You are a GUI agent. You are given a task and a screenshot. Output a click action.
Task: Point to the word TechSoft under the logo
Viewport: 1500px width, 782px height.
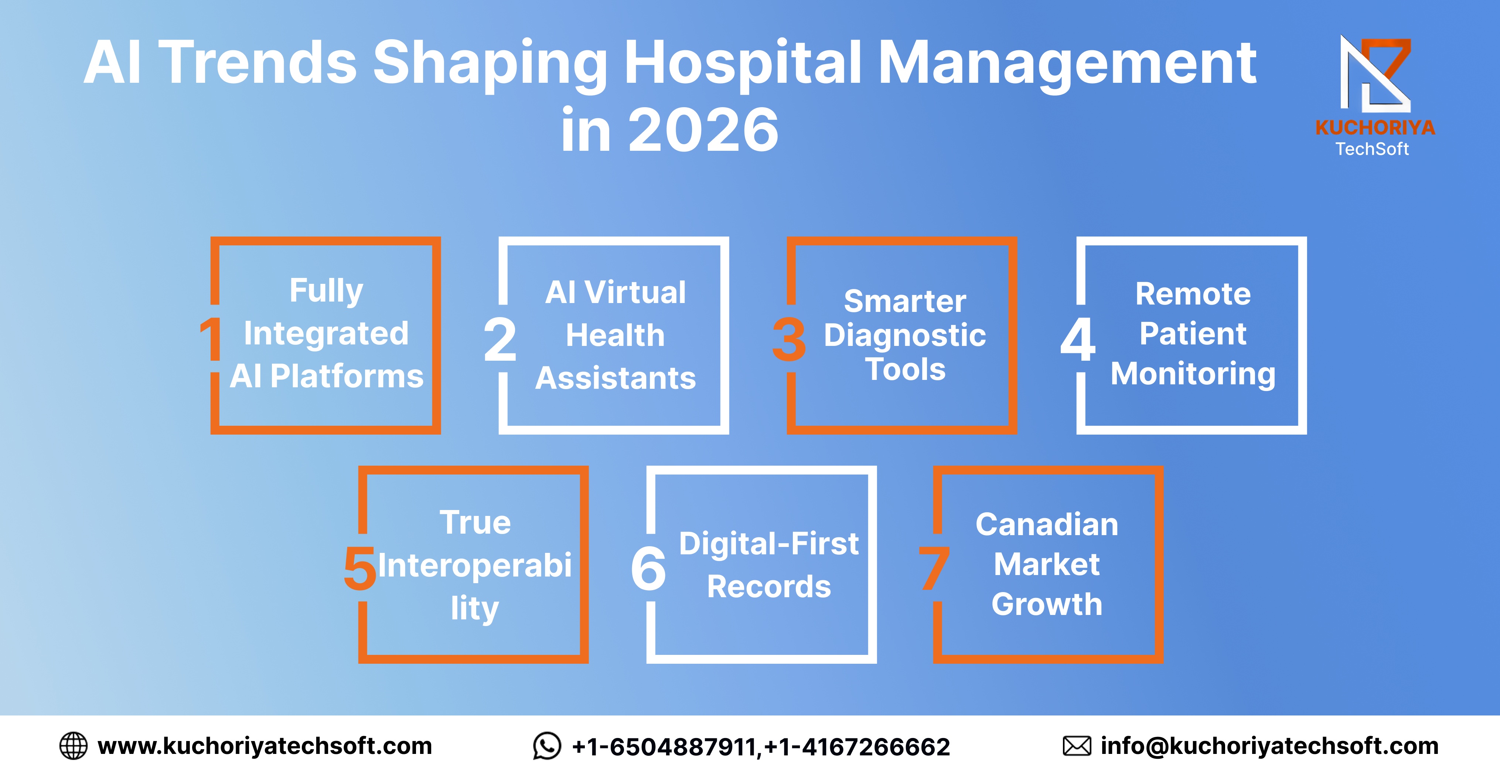(1372, 149)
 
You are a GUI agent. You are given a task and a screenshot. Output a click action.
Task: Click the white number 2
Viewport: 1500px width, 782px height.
(500, 340)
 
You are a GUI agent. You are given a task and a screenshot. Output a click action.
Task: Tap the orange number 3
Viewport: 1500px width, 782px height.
(789, 340)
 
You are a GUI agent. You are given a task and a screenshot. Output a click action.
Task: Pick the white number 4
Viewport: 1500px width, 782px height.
(1078, 340)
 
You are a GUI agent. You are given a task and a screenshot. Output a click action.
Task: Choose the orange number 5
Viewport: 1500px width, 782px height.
(360, 568)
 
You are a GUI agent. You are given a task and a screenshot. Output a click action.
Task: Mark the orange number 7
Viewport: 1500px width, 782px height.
(934, 568)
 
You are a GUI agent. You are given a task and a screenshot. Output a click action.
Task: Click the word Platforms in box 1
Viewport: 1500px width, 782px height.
(347, 376)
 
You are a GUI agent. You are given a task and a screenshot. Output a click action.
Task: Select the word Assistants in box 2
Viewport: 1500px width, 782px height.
(616, 378)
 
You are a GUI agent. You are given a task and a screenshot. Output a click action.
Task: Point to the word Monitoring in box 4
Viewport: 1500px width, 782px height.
(1193, 374)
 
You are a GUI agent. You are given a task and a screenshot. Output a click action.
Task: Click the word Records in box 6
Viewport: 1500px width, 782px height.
(768, 586)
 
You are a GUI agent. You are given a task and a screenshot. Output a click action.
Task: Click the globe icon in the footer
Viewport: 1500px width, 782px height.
(74, 746)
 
